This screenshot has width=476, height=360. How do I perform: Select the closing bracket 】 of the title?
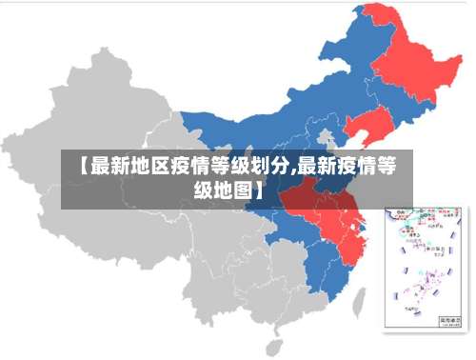tap(257, 190)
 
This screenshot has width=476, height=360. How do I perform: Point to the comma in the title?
tap(293, 171)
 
